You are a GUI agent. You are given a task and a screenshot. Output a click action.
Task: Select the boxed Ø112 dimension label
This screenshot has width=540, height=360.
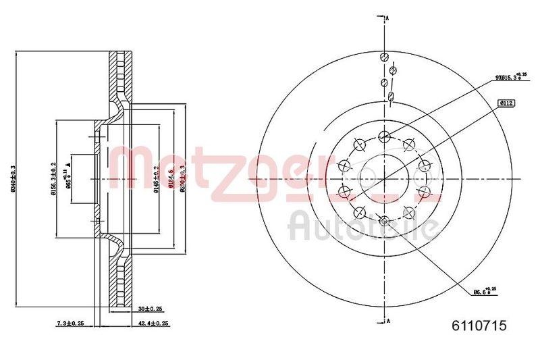pyautogui.click(x=506, y=103)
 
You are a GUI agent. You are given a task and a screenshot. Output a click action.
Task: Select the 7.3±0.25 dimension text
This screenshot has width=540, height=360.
pyautogui.click(x=71, y=324)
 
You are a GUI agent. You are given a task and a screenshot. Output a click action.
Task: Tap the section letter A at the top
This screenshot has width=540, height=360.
pyautogui.click(x=389, y=18)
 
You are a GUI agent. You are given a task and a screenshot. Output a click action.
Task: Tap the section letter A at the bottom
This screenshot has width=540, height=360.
pyautogui.click(x=389, y=322)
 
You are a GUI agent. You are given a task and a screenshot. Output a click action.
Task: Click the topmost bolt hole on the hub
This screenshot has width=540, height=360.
pyautogui.click(x=384, y=136)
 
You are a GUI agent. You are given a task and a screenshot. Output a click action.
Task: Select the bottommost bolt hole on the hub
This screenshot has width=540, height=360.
pyautogui.click(x=384, y=220)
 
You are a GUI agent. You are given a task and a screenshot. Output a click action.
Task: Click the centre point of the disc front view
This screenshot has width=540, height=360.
pyautogui.click(x=384, y=178)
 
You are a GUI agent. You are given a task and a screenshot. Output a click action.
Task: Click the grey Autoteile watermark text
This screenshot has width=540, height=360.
pyautogui.click(x=361, y=226)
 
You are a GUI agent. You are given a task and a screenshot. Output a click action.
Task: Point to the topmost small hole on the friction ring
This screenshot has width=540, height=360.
pyautogui.click(x=384, y=57)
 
